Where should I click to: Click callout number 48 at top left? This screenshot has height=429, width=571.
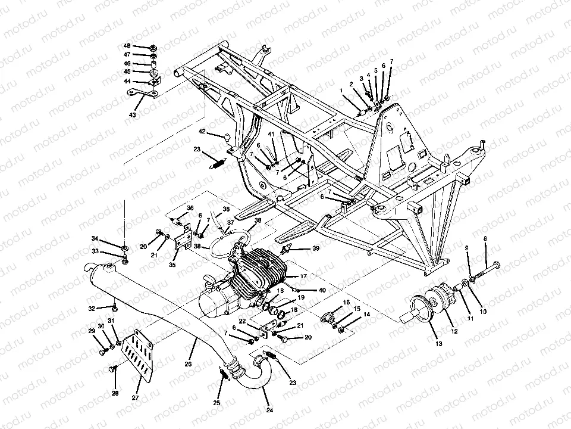(x=127, y=46)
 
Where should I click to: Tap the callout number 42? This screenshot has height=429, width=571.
(x=202, y=131)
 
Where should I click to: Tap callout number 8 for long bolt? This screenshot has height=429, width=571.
(x=485, y=239)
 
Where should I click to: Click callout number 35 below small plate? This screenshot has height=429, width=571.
(x=173, y=265)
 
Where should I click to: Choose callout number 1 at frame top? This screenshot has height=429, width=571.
(x=341, y=91)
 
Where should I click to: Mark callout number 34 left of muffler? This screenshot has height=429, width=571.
(x=94, y=239)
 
